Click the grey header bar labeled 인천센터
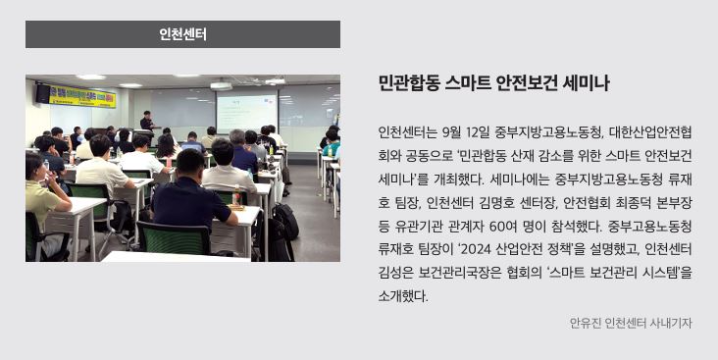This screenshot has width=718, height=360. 182,34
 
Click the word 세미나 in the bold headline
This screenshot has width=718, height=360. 587,84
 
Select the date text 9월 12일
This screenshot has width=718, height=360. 466,132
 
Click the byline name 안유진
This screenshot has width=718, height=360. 586,323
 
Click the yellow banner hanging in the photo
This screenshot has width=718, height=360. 82,95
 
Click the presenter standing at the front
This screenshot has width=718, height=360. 146,122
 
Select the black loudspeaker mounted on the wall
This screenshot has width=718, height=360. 42,93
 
